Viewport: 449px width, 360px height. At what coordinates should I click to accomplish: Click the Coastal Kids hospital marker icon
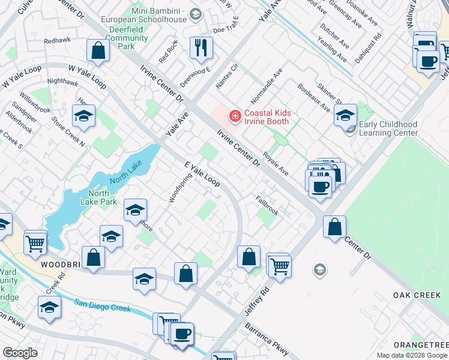pos(235,115)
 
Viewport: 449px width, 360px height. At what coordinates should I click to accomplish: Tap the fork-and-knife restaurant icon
pos(201,47)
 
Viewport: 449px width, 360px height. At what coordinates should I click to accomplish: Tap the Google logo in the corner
pos(20,353)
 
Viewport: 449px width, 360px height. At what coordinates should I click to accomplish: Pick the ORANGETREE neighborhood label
pos(420,345)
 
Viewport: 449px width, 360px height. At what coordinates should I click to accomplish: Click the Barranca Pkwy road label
pos(267,338)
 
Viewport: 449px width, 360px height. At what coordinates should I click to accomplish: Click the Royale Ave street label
pos(276,163)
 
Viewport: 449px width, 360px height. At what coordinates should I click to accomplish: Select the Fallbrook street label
pos(267,205)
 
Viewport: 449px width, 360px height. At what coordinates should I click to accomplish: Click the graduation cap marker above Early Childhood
pos(345,115)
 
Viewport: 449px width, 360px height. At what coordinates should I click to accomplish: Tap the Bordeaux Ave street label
pos(314,98)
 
